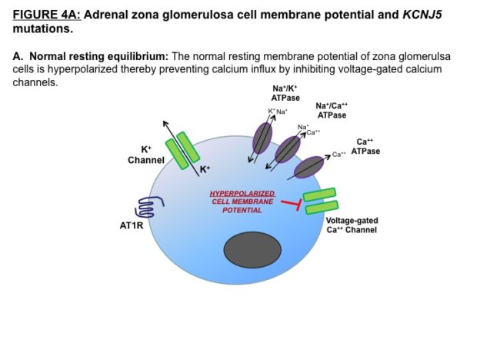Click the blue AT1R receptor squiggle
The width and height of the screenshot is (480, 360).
tap(147, 207)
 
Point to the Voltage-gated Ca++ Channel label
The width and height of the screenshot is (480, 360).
tap(352, 225)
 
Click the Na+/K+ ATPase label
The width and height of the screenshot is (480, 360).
tap(285, 94)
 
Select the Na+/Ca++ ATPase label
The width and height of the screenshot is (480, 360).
tap(331, 110)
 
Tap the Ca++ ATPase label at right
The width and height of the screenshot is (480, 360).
tap(365, 147)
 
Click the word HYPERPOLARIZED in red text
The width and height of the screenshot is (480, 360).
tap(242, 193)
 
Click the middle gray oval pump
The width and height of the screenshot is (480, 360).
tap(288, 149)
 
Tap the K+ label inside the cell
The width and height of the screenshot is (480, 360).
tap(205, 169)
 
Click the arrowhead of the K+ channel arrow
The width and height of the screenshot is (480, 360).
tap(163, 123)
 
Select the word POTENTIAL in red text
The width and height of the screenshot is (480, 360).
tap(242, 210)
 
